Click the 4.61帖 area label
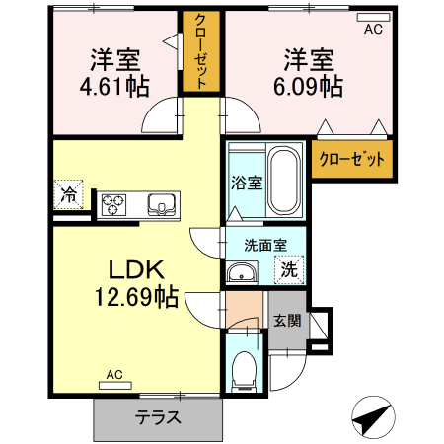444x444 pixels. [x=114, y=87]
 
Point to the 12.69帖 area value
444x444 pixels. [x=135, y=295]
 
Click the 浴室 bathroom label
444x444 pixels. [x=245, y=183]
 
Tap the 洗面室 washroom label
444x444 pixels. [x=264, y=246]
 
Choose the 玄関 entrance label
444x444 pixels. [x=287, y=320]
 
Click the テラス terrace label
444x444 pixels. [x=158, y=416]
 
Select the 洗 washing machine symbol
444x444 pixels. [x=289, y=267]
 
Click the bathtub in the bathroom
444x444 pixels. [x=285, y=183]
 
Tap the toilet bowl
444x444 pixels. [x=243, y=370]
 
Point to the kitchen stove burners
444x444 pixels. [x=113, y=204]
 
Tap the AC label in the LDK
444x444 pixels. [x=113, y=375]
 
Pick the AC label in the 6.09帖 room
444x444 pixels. [x=373, y=29]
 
